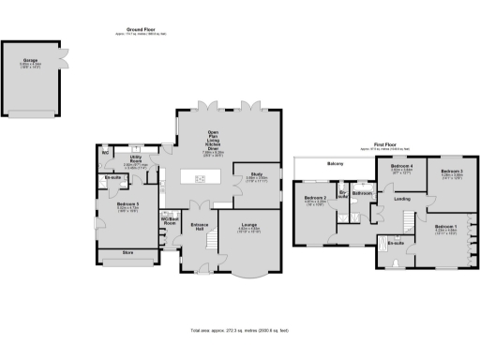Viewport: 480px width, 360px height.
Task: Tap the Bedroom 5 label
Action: [127, 203]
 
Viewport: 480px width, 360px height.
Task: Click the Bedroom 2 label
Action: [315, 197]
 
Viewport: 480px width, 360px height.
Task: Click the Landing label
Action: [402, 198]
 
